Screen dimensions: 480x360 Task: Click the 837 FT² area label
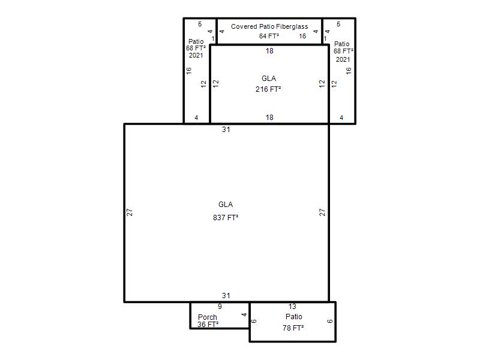click(x=226, y=218)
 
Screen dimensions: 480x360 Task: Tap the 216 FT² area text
click(x=268, y=89)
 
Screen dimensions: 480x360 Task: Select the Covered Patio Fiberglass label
click(x=269, y=26)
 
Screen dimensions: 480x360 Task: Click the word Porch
click(x=208, y=317)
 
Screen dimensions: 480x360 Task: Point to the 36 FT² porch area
click(x=208, y=324)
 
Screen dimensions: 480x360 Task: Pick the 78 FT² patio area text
click(x=293, y=328)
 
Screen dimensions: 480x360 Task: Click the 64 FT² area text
click(x=269, y=36)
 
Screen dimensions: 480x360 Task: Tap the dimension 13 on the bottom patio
click(x=292, y=307)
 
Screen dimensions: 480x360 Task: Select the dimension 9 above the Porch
click(x=220, y=307)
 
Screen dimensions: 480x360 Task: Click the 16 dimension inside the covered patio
click(x=302, y=36)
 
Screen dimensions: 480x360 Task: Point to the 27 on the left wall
click(x=130, y=212)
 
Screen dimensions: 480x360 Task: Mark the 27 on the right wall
click(x=322, y=212)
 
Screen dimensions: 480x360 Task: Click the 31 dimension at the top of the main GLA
click(x=226, y=130)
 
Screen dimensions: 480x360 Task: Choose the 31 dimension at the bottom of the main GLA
click(x=226, y=296)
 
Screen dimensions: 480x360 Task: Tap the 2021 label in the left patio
click(x=196, y=55)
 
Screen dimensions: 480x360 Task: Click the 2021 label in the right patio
click(x=343, y=59)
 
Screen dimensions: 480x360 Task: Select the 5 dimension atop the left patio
click(x=200, y=24)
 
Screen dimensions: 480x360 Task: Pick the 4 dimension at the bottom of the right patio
click(x=341, y=118)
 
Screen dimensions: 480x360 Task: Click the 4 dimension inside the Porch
click(x=244, y=314)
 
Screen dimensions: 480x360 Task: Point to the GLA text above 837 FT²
click(x=226, y=205)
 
